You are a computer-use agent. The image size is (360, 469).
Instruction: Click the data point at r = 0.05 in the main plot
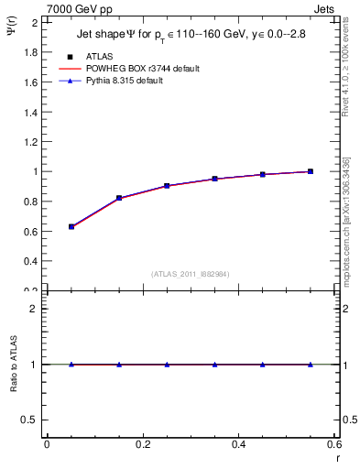(x=71, y=226)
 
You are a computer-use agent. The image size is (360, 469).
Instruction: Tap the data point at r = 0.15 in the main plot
(x=119, y=198)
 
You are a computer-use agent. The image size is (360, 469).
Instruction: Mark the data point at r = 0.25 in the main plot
(x=167, y=186)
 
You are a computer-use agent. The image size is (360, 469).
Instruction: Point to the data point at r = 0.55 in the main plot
(x=311, y=171)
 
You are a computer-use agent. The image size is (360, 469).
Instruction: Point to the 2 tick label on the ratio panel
(x=34, y=309)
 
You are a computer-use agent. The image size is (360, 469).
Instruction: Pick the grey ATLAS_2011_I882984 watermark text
(x=190, y=273)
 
